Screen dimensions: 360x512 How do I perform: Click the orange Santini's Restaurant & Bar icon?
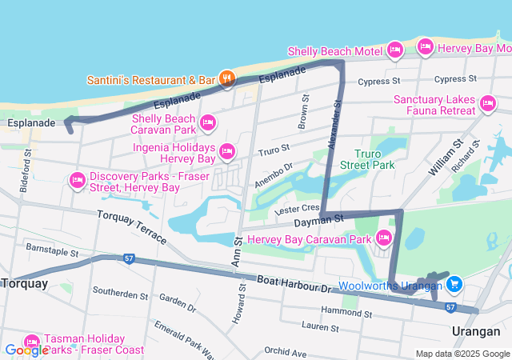pos(227,78)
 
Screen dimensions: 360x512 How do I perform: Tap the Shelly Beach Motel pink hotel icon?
pos(394,51)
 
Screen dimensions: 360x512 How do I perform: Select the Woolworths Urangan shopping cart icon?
pos(454,283)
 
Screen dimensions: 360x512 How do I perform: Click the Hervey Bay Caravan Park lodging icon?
pos(383,238)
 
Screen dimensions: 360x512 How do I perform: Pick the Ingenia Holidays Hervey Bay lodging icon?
pos(227,150)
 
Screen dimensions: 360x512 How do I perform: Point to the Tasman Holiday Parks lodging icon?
pos(32,342)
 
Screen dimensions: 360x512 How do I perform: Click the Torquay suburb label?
pos(25,283)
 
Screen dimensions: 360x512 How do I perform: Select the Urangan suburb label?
pos(474,331)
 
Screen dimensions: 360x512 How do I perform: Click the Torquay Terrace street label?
pos(132,226)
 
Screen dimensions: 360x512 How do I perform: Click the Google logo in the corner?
pos(26,350)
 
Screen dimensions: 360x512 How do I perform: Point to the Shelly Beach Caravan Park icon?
pos(208,122)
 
